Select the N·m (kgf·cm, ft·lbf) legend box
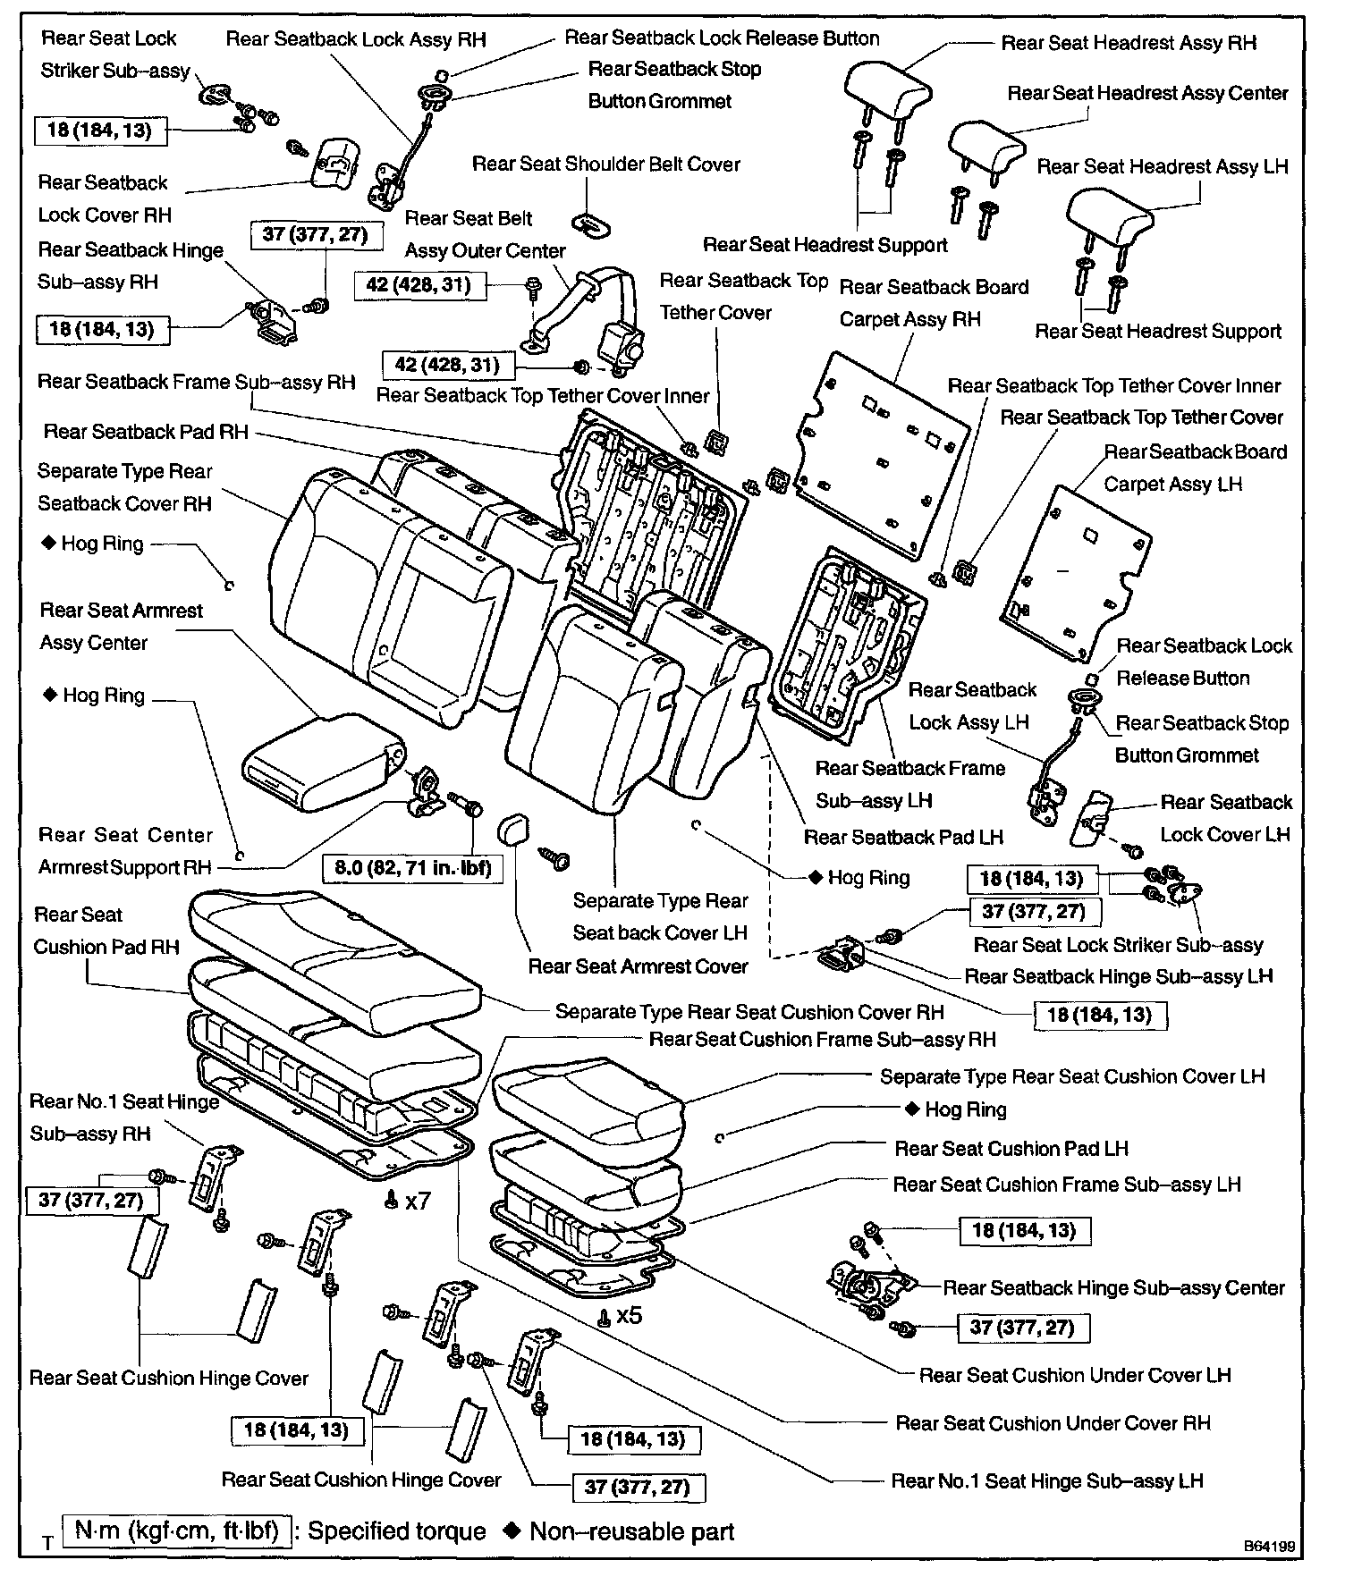coord(177,1531)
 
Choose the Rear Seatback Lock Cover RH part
coord(334,163)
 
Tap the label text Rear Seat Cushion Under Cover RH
coord(1053,1423)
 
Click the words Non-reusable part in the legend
coord(631,1531)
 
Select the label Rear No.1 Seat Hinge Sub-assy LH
coord(1046,1481)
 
